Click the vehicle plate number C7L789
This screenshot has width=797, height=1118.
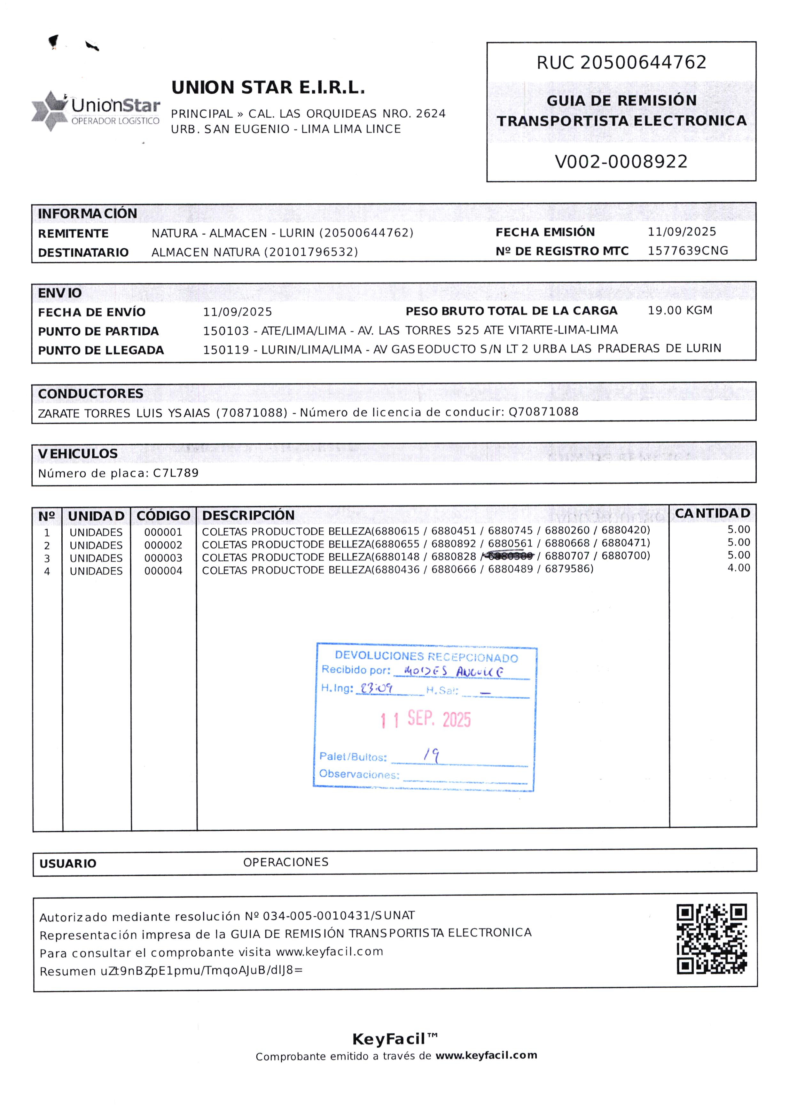coord(176,473)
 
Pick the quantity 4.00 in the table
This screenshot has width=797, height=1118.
coord(738,568)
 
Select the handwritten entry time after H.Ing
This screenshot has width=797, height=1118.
coord(376,688)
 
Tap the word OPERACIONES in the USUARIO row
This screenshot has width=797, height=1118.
coord(285,862)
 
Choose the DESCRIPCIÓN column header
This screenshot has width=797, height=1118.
coord(248,516)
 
